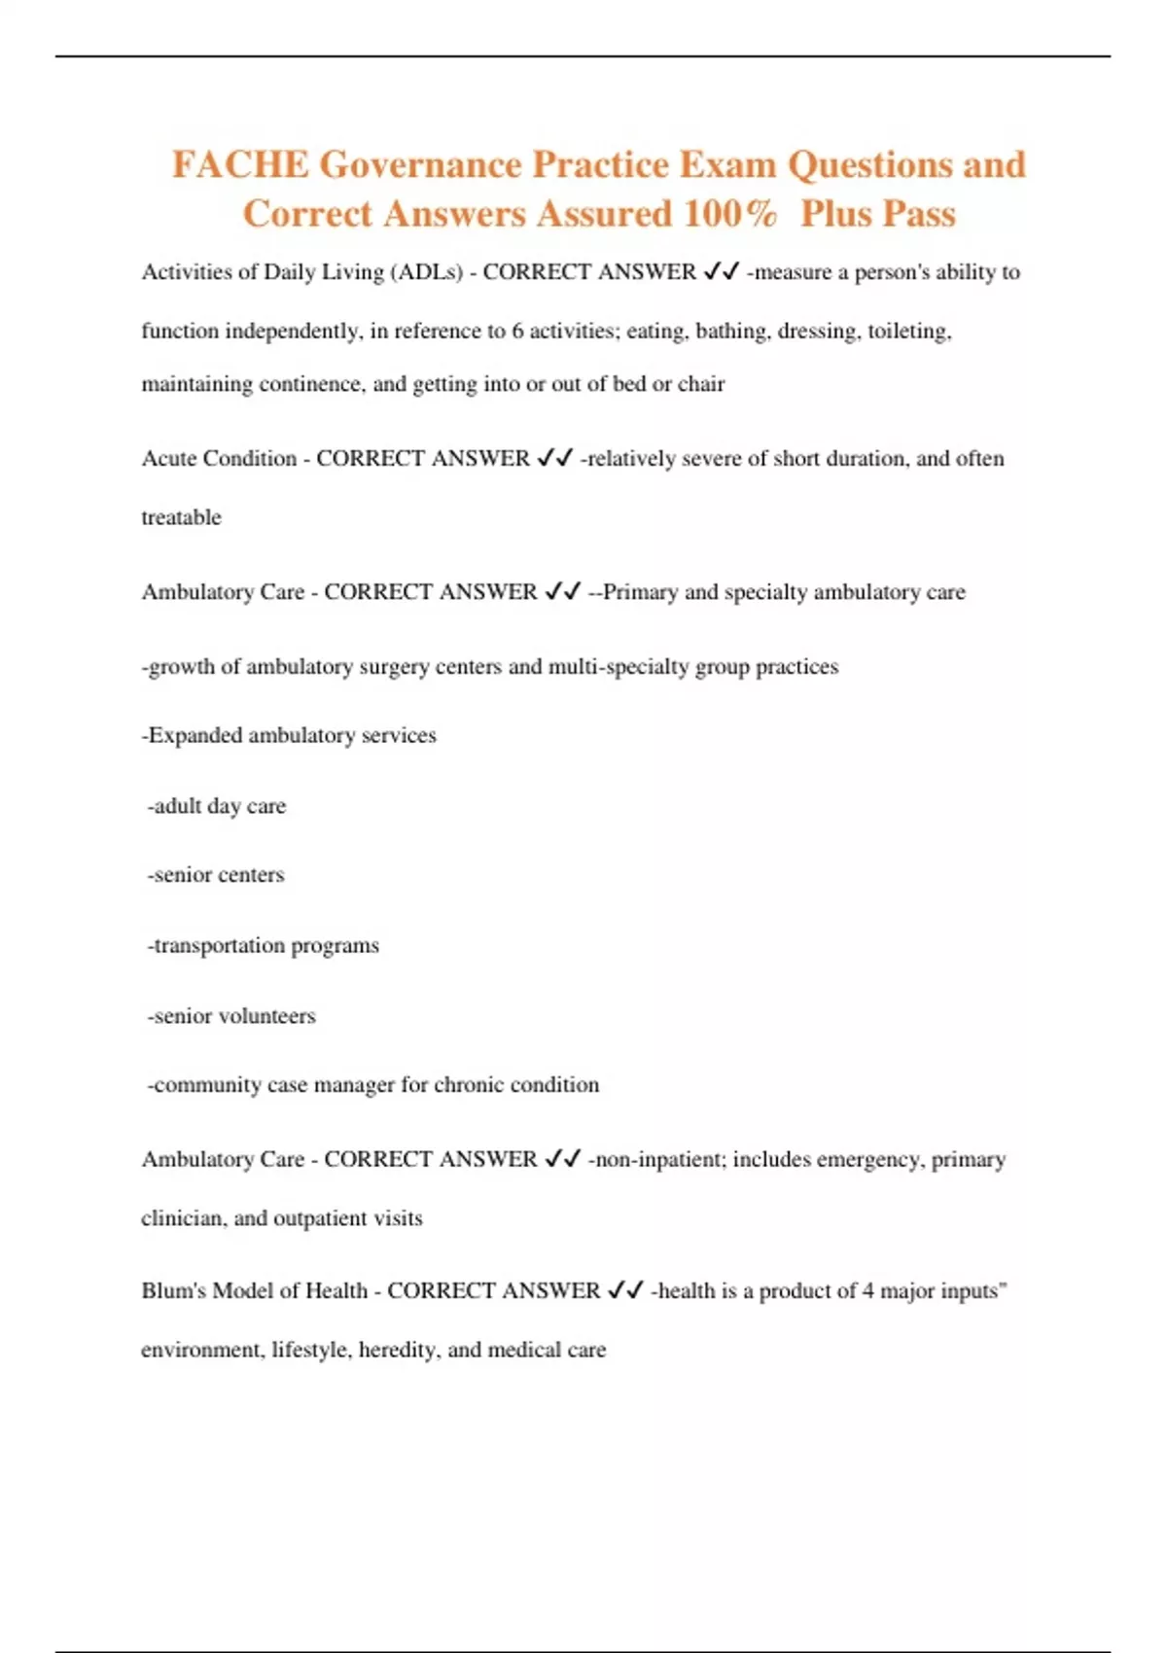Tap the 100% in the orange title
point(729,214)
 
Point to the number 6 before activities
point(517,332)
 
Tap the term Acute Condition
point(219,459)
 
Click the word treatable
point(181,517)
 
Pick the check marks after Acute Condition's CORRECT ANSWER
point(554,459)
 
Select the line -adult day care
point(216,806)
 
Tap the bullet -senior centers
point(215,875)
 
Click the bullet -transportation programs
point(263,945)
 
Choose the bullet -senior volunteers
point(231,1016)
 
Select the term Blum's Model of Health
point(254,1291)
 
